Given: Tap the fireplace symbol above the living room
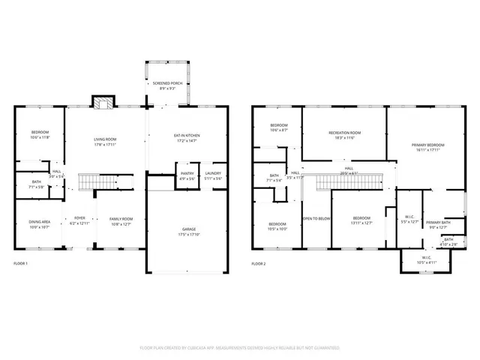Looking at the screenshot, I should click(101, 102).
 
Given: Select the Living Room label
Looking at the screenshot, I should click(104, 139).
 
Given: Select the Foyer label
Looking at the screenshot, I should click(79, 218).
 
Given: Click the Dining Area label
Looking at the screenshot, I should click(39, 222).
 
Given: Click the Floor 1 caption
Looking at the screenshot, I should click(22, 263).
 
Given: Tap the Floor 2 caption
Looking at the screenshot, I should click(259, 263).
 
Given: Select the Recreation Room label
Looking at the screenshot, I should click(344, 133).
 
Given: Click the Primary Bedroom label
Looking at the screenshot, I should click(427, 145).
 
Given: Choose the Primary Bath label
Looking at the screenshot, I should click(438, 223).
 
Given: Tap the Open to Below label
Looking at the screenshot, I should click(316, 218).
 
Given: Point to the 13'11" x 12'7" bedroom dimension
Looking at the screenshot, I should click(363, 223).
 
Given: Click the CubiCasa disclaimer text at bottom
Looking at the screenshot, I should click(240, 348).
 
